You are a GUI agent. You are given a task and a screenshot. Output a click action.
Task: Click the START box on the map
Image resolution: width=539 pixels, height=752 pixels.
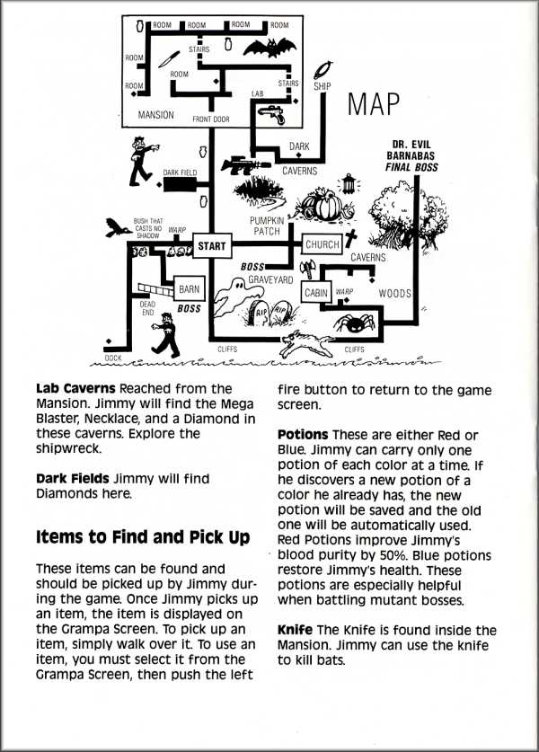tap(211, 244)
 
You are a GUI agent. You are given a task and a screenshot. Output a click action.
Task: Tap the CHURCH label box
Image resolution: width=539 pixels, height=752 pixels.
tap(322, 244)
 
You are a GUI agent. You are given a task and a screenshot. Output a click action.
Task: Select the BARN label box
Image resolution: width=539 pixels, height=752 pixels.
tap(190, 290)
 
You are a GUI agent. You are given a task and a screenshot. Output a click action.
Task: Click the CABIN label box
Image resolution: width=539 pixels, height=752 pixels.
tap(316, 293)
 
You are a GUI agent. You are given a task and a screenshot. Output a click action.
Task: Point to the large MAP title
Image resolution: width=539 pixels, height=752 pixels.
tap(373, 105)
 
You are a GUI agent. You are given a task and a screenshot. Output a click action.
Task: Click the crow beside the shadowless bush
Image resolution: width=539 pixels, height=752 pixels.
tap(117, 227)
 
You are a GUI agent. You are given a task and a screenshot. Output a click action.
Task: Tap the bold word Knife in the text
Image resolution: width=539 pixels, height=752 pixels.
tap(296, 630)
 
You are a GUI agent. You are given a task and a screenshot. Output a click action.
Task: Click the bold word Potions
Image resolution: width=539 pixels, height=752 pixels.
tap(303, 435)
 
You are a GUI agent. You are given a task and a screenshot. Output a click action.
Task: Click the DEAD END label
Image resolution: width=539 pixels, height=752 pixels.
tap(147, 308)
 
